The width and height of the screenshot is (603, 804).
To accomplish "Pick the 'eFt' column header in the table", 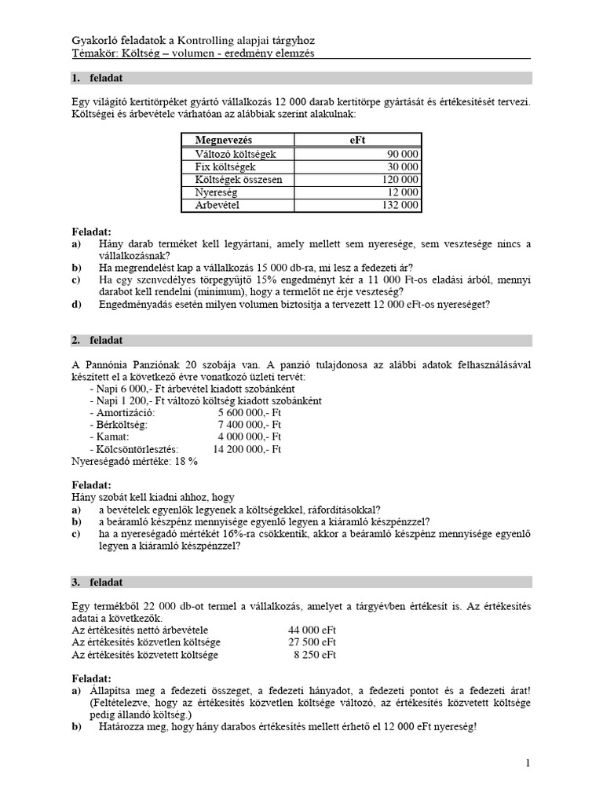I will click(358, 140).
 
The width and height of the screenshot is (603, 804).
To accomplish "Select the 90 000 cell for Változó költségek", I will click(398, 154).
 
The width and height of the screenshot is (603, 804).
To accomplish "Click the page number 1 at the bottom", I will click(528, 762).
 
